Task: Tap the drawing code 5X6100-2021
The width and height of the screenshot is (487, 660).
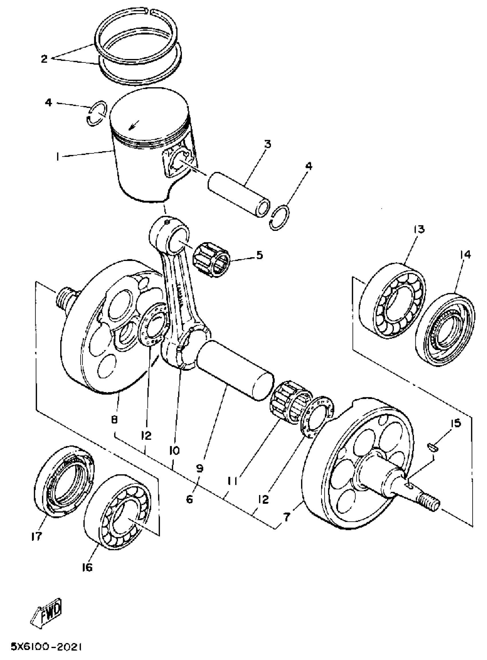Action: coord(46,647)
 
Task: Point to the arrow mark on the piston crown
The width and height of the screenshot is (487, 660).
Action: coord(133,126)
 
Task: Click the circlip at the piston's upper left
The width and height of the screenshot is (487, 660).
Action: coord(96,113)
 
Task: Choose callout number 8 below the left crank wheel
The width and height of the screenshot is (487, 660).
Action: coord(115,419)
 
